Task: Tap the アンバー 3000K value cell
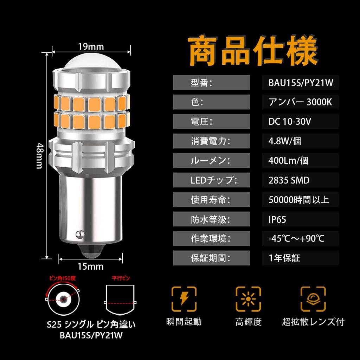(300, 102)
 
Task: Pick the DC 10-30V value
(289, 122)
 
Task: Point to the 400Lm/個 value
(288, 161)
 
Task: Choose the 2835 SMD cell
(289, 180)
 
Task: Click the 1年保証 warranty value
(284, 258)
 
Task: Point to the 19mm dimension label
(91, 46)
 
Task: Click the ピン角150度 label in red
(63, 278)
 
